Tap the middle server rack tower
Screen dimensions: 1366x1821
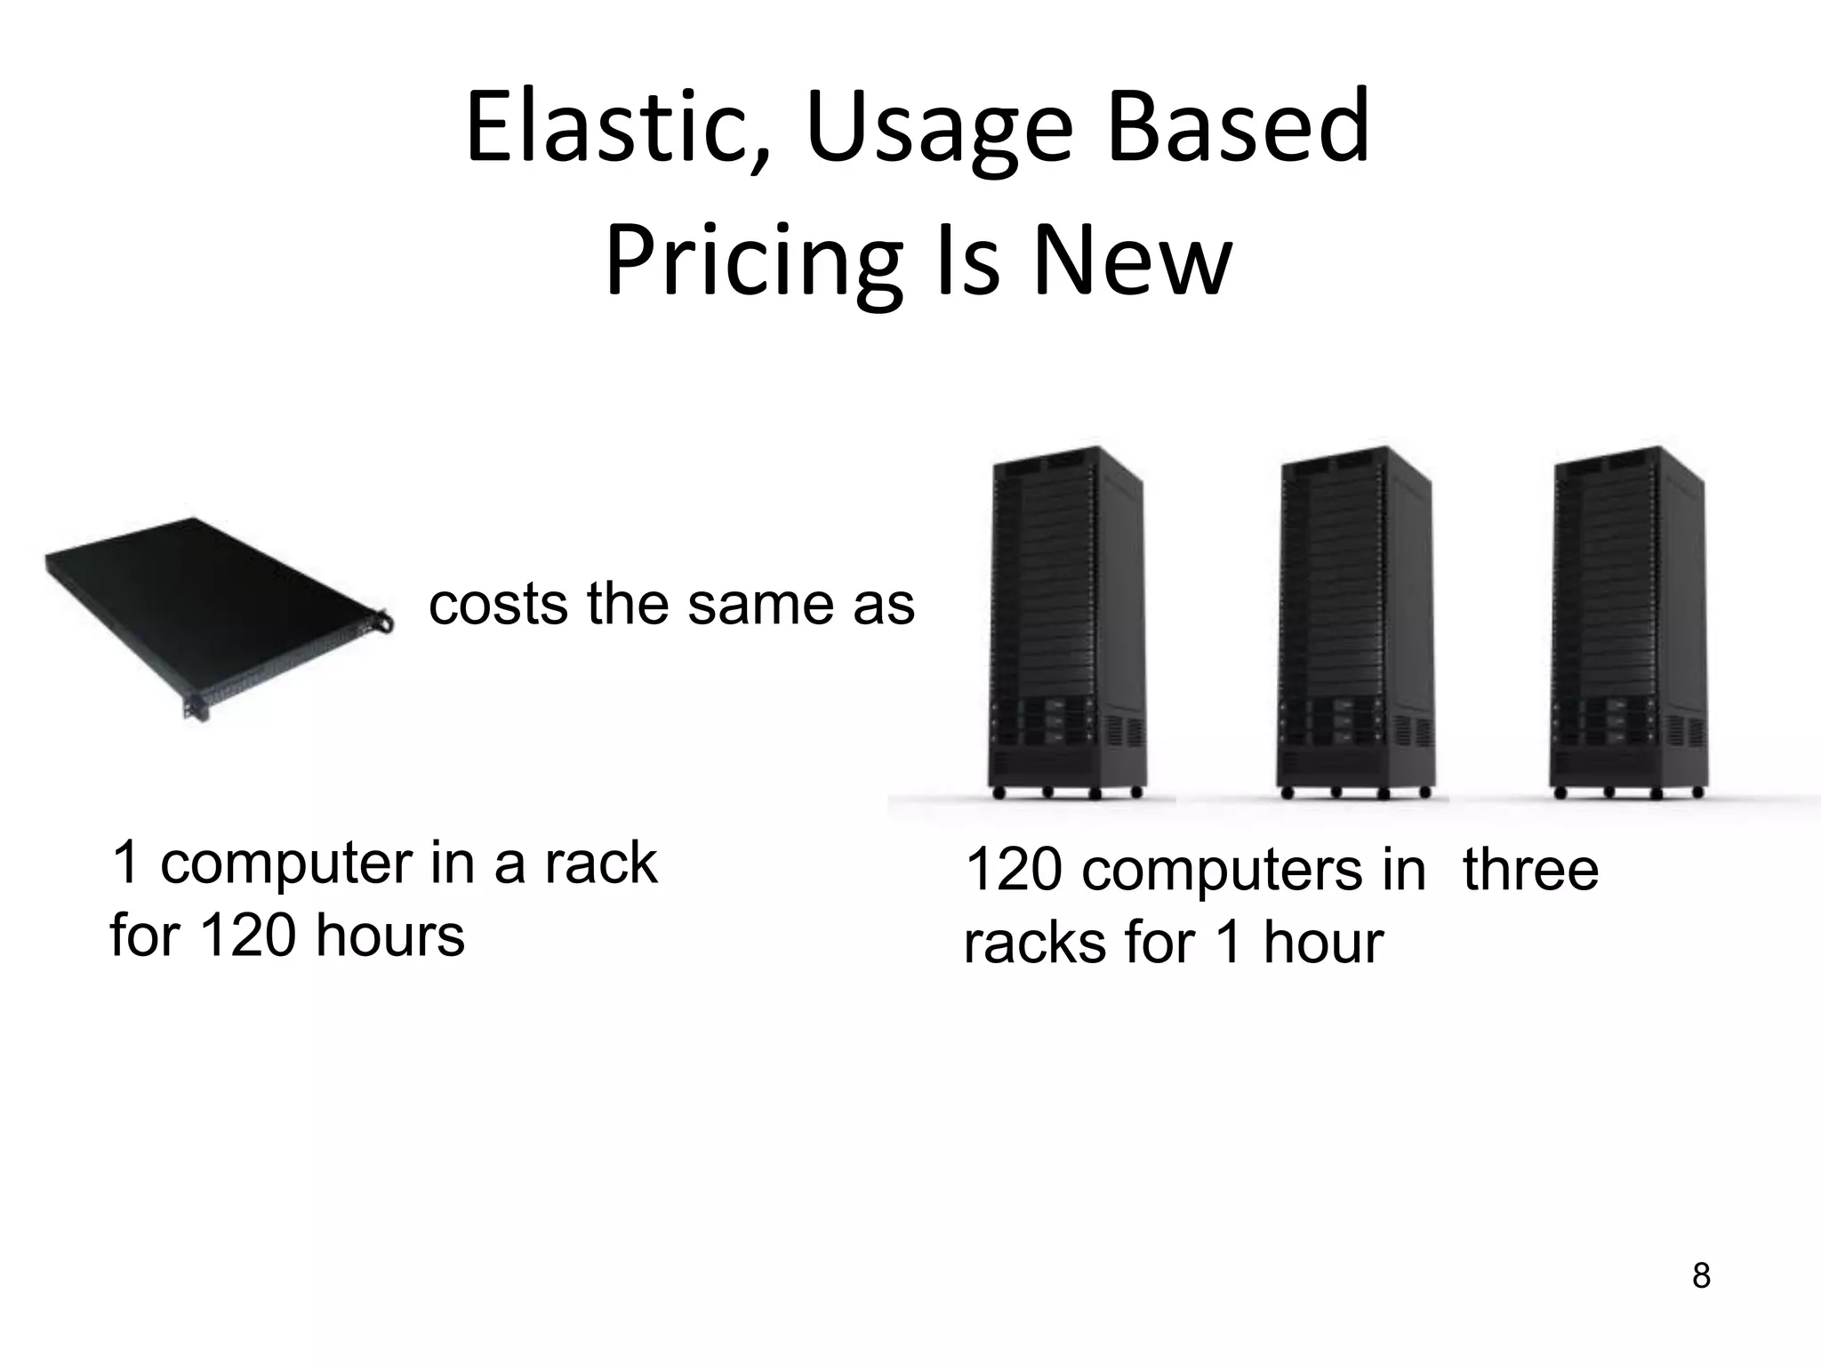(x=1353, y=623)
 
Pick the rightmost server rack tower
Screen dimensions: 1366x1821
(x=1627, y=623)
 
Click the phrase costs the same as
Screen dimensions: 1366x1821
(x=671, y=605)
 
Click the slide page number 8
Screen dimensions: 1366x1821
(x=1701, y=1276)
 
